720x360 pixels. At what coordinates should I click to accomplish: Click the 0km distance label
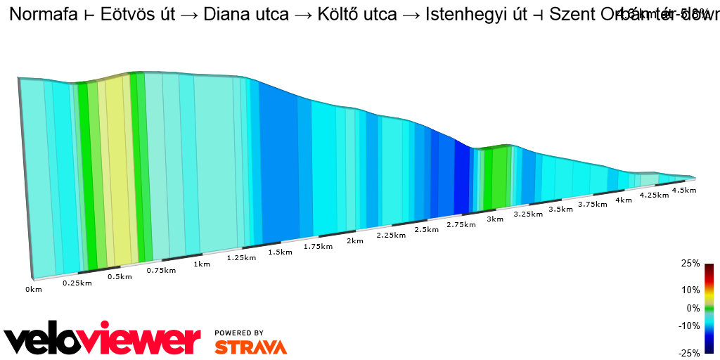click(34, 289)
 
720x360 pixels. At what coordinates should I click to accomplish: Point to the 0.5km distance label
click(120, 276)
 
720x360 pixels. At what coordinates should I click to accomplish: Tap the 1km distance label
click(202, 264)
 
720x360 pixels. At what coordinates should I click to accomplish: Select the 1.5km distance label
click(280, 252)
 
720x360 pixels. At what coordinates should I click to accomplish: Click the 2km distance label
click(355, 240)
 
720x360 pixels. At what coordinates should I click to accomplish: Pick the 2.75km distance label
click(461, 224)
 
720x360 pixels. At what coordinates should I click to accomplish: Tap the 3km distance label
click(495, 219)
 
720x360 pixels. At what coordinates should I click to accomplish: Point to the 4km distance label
click(623, 200)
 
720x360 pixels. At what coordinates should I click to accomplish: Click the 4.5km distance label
click(684, 190)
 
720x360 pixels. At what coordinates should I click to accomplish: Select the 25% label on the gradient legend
click(690, 264)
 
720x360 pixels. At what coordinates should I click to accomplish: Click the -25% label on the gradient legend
click(689, 353)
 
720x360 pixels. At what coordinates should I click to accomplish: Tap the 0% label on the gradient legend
click(693, 308)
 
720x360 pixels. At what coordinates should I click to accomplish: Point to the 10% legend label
click(690, 290)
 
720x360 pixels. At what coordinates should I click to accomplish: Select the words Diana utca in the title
click(246, 15)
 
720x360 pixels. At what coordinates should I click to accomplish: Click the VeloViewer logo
click(103, 339)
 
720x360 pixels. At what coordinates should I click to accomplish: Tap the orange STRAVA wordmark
click(250, 347)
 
